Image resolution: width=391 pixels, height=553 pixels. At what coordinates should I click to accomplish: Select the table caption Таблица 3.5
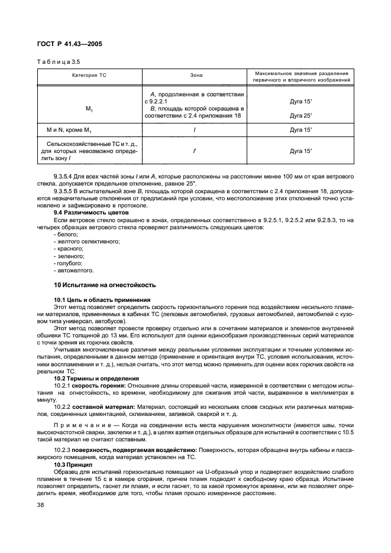pos(58,61)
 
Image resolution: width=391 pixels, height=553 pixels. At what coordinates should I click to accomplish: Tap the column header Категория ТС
pos(89,76)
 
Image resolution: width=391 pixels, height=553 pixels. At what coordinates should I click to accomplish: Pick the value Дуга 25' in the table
pos(301,115)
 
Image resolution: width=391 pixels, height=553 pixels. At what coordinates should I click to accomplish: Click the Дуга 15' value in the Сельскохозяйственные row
pos(301,151)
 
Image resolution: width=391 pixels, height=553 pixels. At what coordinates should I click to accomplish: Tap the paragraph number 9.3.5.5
pos(65,191)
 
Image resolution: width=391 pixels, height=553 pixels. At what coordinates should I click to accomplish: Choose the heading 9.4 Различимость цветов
pos(88,212)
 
